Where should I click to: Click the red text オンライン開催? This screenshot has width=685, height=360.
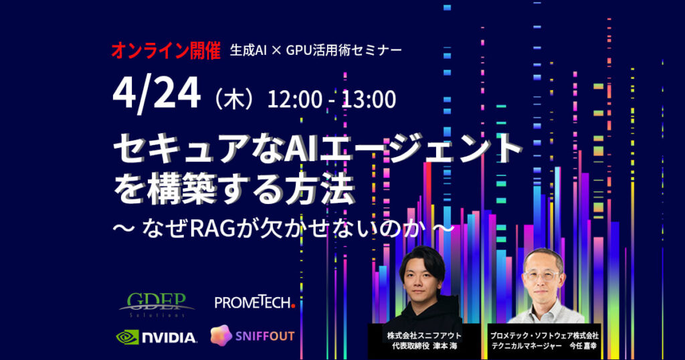pyautogui.click(x=166, y=51)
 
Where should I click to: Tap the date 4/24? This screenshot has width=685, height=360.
pyautogui.click(x=157, y=94)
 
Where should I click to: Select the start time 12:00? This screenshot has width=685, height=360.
pyautogui.click(x=294, y=99)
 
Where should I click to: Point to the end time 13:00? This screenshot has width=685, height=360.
pyautogui.click(x=369, y=99)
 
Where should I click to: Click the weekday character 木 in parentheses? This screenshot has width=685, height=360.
pyautogui.click(x=233, y=100)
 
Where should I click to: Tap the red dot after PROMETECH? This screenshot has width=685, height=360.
pyautogui.click(x=293, y=306)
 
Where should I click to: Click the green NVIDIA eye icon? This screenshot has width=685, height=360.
pyautogui.click(x=128, y=337)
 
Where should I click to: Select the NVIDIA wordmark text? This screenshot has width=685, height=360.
pyautogui.click(x=169, y=338)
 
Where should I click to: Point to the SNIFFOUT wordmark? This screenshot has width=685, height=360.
pyautogui.click(x=265, y=337)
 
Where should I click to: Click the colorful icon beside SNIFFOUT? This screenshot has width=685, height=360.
pyautogui.click(x=221, y=335)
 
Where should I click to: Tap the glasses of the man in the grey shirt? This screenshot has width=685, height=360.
pyautogui.click(x=541, y=276)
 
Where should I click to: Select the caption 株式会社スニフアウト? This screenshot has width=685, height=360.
pyautogui.click(x=423, y=336)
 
